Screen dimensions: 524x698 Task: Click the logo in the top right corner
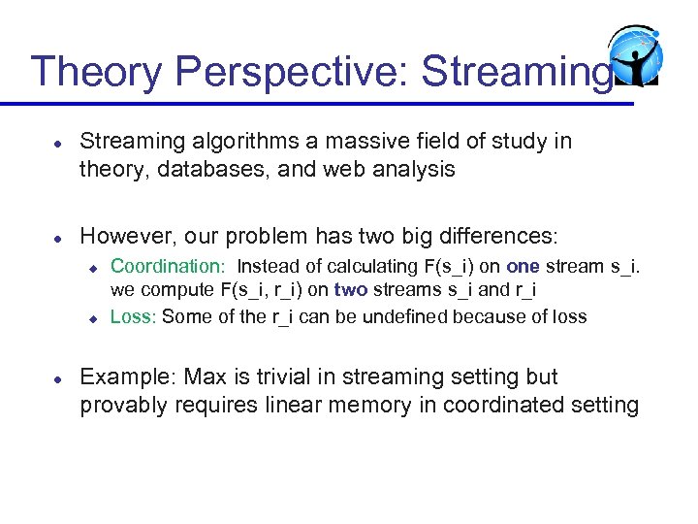pyautogui.click(x=635, y=59)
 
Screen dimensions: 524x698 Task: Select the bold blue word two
pyautogui.click(x=351, y=290)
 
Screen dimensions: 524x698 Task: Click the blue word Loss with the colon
pyautogui.click(x=134, y=316)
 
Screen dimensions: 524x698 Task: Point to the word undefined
pyautogui.click(x=412, y=316)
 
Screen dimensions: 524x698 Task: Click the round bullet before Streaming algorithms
pyautogui.click(x=58, y=142)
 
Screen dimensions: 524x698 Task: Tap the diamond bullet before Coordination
pyautogui.click(x=93, y=267)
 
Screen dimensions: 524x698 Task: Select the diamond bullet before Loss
pyautogui.click(x=93, y=316)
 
